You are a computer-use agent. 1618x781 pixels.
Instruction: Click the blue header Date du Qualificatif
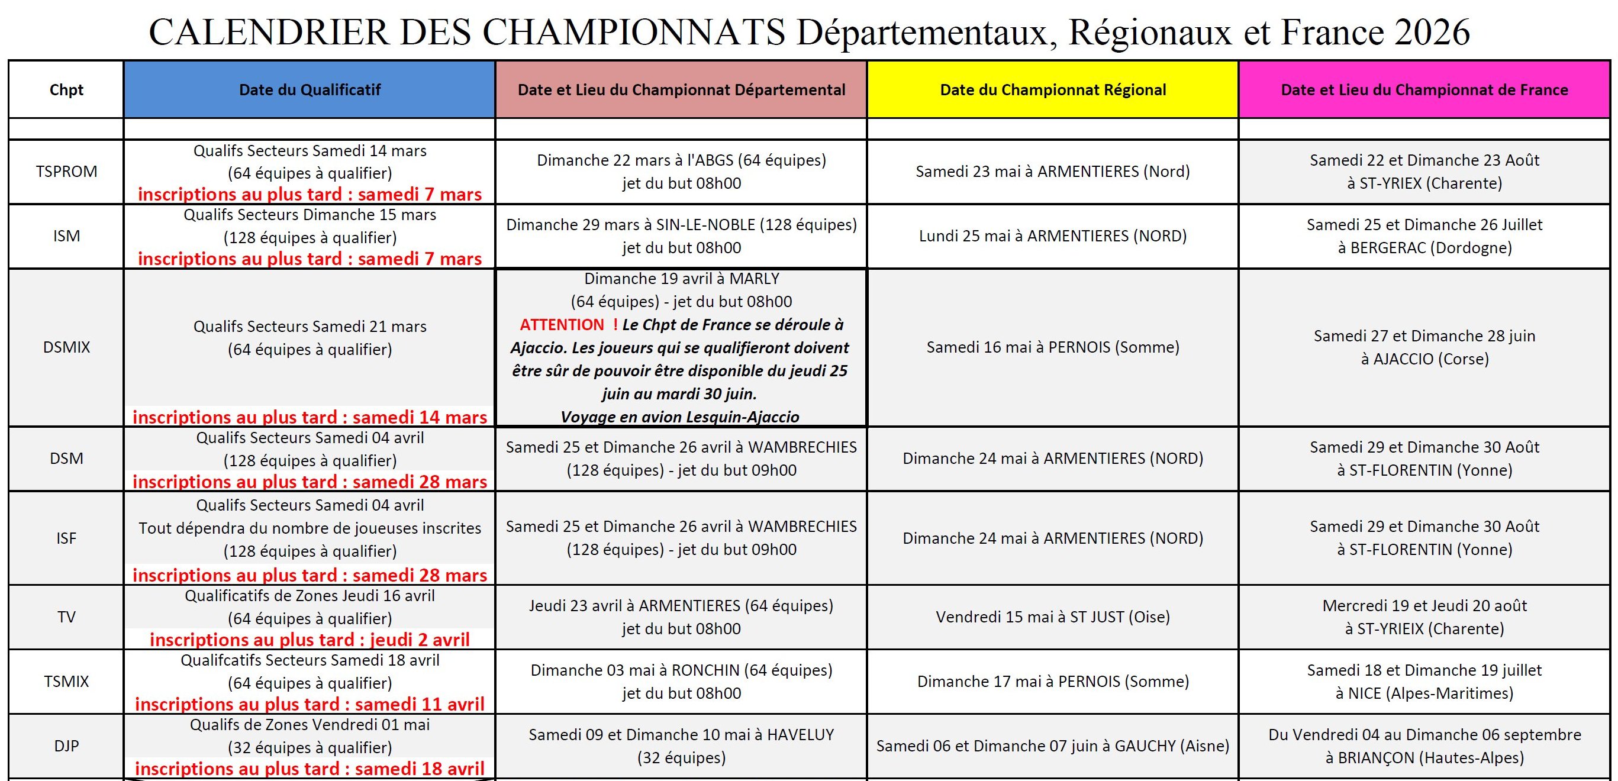(310, 90)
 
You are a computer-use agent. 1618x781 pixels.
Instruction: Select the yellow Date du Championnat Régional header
(1053, 90)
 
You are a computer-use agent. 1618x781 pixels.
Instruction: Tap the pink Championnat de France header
(1424, 90)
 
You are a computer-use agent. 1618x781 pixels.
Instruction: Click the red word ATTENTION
(562, 325)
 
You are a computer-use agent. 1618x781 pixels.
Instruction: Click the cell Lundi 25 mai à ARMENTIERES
(1053, 236)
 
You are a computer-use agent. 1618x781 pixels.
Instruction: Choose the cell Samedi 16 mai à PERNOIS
(1053, 347)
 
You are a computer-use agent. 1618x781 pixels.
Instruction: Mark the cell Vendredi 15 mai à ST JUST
(1053, 617)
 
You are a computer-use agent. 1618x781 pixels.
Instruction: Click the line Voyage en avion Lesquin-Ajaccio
(680, 418)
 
